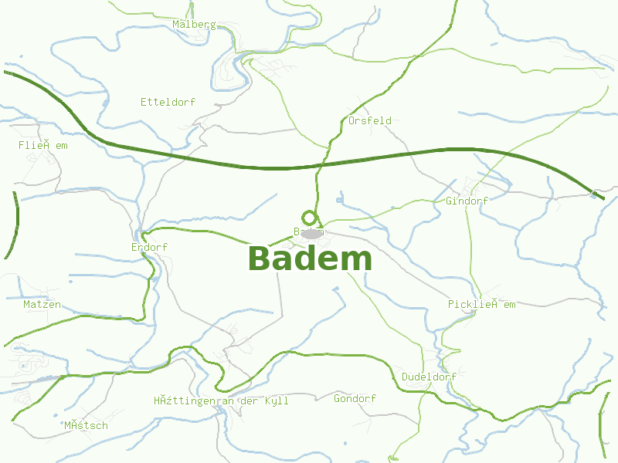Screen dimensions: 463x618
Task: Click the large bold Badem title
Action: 311,259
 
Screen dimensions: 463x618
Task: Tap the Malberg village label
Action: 194,25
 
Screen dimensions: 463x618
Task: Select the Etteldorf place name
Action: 168,102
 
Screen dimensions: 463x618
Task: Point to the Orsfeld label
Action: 369,121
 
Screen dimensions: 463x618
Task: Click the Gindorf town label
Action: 467,201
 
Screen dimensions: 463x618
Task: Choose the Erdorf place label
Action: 149,248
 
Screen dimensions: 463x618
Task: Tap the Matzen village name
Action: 42,305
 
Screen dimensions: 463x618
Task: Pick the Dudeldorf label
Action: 429,377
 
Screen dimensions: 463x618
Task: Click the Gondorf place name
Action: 355,399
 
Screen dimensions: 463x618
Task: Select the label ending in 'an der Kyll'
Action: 221,401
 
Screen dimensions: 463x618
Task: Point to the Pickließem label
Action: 481,305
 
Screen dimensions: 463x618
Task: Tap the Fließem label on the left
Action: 43,145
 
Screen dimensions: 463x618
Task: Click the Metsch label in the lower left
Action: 86,426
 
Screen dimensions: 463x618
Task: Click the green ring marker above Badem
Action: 309,218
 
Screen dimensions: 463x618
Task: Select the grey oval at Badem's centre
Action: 311,233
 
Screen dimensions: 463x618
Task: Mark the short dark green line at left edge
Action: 13,224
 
